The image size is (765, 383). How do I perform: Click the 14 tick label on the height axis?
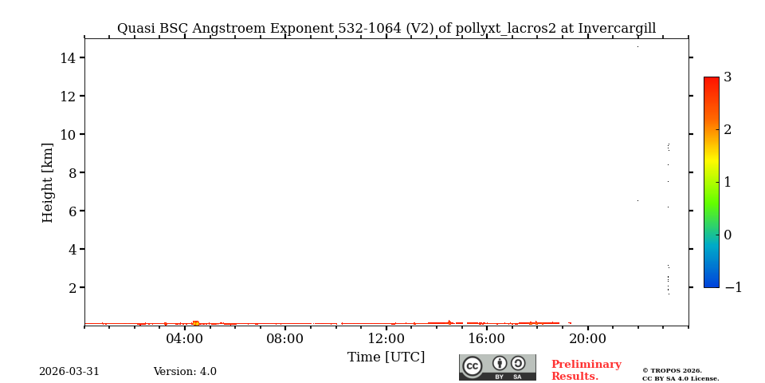coord(67,58)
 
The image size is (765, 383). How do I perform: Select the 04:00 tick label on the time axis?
coord(185,339)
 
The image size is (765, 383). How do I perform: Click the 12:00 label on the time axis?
coord(386,339)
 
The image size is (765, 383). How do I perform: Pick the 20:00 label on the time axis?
coord(587,339)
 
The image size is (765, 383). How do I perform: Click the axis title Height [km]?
coord(48,182)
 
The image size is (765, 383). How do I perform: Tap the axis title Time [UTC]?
coord(386,357)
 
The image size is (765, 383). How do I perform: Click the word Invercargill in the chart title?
coord(617,29)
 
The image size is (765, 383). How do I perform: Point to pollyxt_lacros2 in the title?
coord(506,29)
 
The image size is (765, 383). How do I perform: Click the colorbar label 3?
coord(728,77)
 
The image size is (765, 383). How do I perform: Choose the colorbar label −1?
coord(733,288)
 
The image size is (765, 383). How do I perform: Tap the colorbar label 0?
coord(728,235)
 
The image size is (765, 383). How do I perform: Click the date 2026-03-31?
coord(69,372)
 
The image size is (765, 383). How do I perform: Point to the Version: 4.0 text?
coord(185,372)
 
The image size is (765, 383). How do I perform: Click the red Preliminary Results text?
coord(586,370)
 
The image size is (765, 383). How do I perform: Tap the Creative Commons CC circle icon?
coord(473,366)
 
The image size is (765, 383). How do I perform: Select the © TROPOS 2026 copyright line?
coord(672,370)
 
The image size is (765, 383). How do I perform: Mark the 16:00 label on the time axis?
coord(487,339)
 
